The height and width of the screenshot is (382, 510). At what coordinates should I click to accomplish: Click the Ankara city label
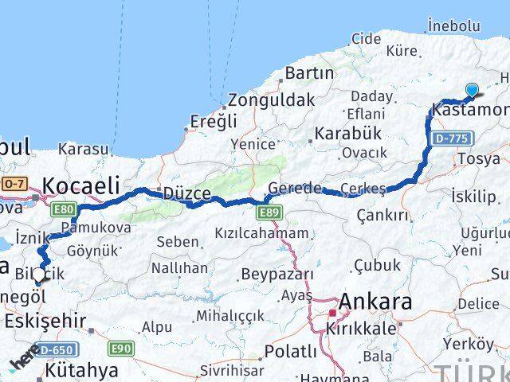[x=376, y=302]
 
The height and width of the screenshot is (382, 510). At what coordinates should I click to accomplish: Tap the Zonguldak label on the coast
[x=271, y=101]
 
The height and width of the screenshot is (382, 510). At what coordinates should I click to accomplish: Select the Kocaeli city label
[x=80, y=185]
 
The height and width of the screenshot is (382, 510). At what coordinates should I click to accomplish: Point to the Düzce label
[x=186, y=193]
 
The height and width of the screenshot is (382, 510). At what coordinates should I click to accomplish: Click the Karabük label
[x=348, y=133]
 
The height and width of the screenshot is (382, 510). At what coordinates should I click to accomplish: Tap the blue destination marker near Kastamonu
[x=473, y=92]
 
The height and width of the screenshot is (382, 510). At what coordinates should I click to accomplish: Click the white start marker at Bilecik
[x=39, y=275]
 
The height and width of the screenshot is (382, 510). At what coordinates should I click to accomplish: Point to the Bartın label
[x=309, y=73]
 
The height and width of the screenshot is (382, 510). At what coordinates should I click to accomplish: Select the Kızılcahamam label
[x=261, y=233]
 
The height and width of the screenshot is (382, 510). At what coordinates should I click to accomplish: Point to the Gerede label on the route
[x=294, y=189]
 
